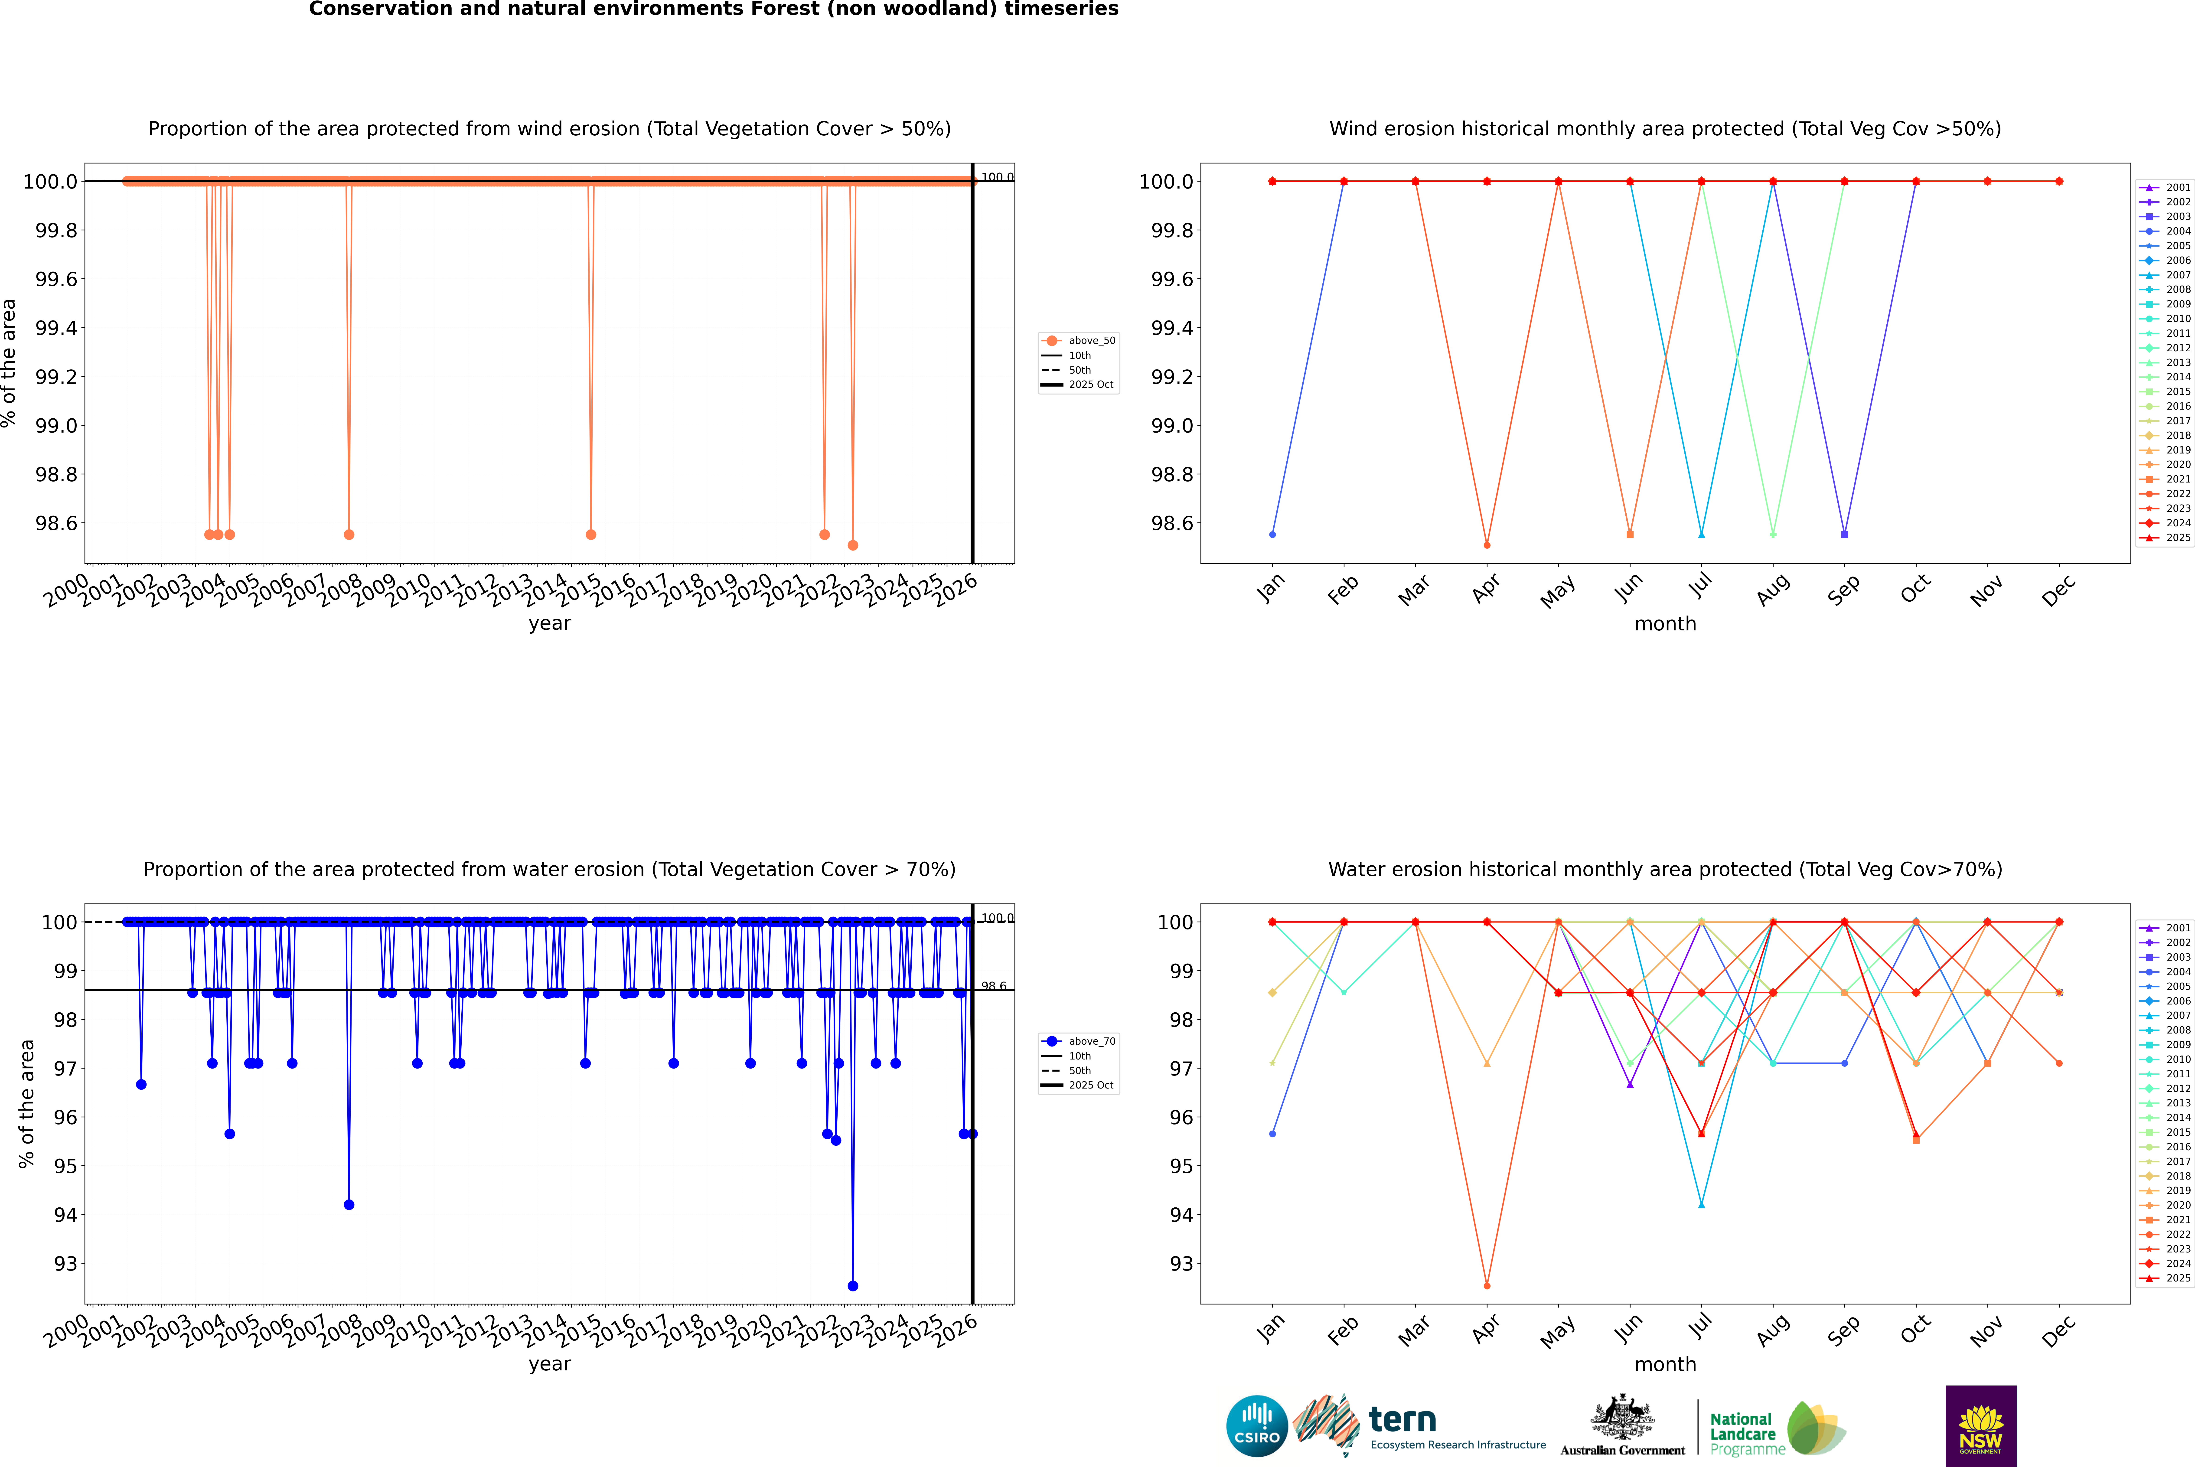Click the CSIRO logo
pyautogui.click(x=1257, y=1426)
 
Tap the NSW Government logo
pyautogui.click(x=1981, y=1426)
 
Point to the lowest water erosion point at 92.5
pyautogui.click(x=852, y=1285)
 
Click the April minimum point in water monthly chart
pyautogui.click(x=1487, y=1285)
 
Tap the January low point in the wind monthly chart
pyautogui.click(x=1272, y=534)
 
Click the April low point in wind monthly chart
pyautogui.click(x=1487, y=544)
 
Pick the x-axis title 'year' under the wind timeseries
pyautogui.click(x=549, y=623)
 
